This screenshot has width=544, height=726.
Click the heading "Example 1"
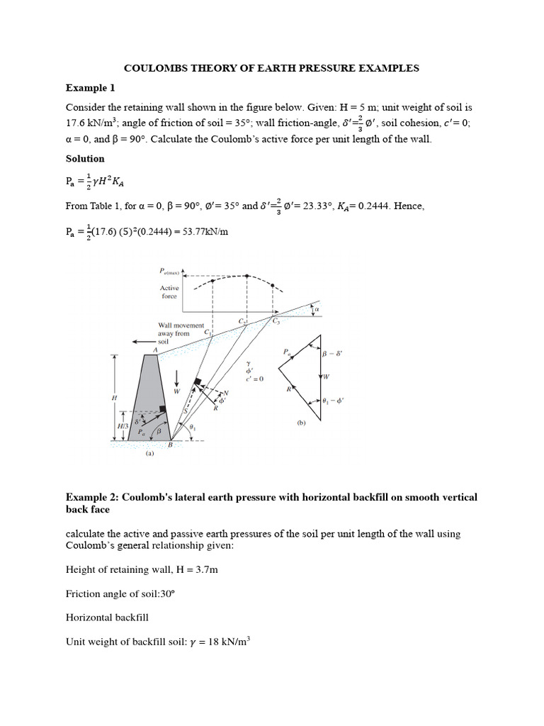(90, 88)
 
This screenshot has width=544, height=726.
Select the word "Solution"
(85, 159)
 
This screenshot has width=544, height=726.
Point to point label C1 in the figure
(208, 333)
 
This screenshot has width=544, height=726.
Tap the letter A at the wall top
(154, 349)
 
